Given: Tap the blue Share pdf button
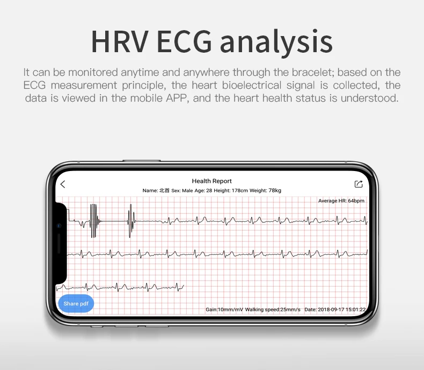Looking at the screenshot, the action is (x=76, y=304).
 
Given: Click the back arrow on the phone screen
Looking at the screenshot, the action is (x=63, y=184).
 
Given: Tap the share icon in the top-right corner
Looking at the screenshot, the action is (x=359, y=184).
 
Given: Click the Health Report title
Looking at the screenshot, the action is (x=211, y=181).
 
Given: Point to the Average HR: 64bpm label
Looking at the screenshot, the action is (x=341, y=201).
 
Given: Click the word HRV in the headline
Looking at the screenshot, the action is (x=120, y=42).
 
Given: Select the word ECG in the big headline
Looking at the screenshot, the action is (x=184, y=42).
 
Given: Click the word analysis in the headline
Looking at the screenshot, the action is (x=276, y=43).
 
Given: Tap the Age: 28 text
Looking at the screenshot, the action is (x=203, y=190).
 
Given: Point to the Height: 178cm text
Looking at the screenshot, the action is (x=231, y=190).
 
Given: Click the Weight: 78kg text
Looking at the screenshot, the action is (x=265, y=190).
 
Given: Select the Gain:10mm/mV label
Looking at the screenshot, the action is (x=224, y=309).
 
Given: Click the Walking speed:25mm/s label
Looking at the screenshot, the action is (x=273, y=309).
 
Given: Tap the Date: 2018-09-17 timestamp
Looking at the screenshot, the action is (x=335, y=309).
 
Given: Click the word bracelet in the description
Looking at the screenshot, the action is (x=313, y=72).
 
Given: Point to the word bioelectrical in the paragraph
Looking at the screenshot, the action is (x=252, y=85).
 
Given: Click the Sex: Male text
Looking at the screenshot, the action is (x=182, y=191).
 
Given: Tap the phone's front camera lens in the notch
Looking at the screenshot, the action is (x=59, y=226).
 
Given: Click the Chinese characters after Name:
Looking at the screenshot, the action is (x=164, y=190).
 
